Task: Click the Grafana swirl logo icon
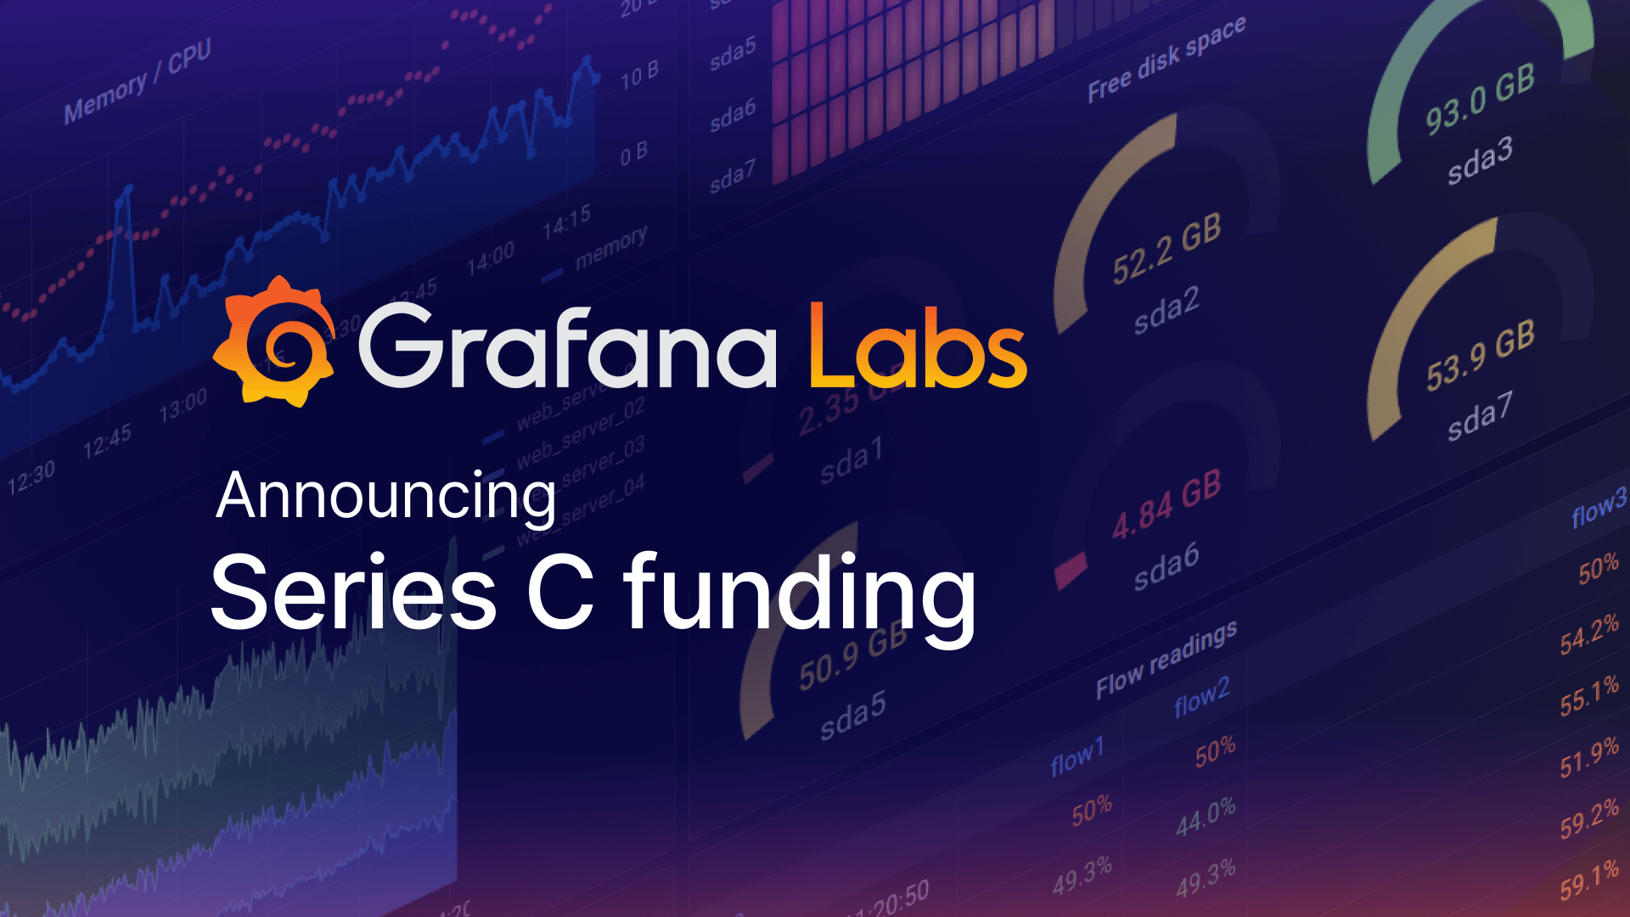pos(274,342)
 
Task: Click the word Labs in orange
pos(917,346)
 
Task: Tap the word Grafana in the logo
pos(567,346)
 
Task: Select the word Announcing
pos(386,497)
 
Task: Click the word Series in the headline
pos(353,591)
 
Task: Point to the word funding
pos(800,594)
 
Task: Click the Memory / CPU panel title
pos(138,82)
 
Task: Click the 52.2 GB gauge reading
pos(1166,249)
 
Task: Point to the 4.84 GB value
pos(1166,505)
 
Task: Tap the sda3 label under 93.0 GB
pos(1480,160)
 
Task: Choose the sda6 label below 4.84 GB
pos(1166,566)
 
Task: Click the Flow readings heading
pos(1166,660)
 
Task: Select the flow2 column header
pos(1201,697)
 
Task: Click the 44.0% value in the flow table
pos(1206,817)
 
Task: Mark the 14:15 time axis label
pos(566,222)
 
